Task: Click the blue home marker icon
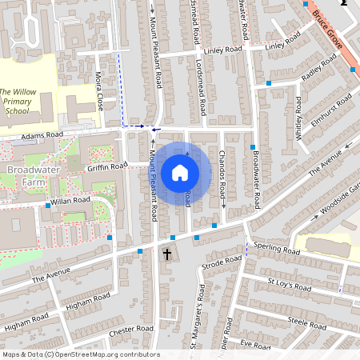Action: [x=180, y=173]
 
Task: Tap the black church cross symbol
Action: [x=167, y=255]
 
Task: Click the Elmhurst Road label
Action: [x=332, y=108]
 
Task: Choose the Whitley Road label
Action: [x=298, y=120]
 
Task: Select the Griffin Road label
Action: [x=107, y=166]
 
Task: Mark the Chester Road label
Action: [x=131, y=329]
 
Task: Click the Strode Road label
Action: [x=222, y=262]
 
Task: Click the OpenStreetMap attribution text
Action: [x=80, y=354]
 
